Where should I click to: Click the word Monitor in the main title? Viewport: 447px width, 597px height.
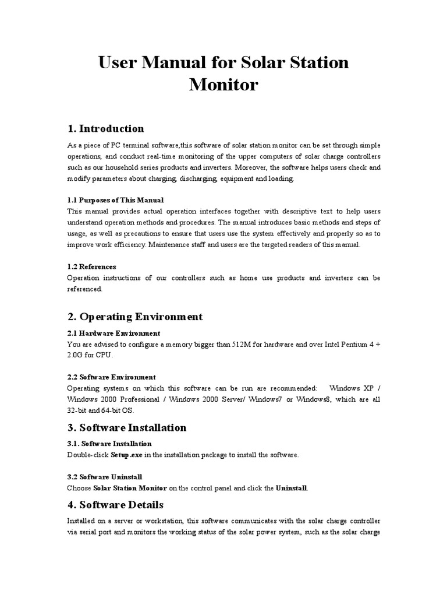coord(223,85)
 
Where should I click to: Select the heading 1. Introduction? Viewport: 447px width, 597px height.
coord(106,128)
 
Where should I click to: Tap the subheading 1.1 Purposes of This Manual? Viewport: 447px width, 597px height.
coord(115,200)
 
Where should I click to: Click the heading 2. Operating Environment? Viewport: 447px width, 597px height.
coord(135,317)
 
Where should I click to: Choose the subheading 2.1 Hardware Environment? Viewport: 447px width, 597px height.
coord(113,333)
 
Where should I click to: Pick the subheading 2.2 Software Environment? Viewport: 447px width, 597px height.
coord(111,377)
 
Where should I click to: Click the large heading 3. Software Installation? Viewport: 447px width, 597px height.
coord(127,427)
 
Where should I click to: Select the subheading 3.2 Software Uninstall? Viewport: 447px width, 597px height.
coord(104,476)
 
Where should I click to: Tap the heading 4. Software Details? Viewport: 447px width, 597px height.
coord(115,504)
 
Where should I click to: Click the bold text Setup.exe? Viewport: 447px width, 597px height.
coord(127,455)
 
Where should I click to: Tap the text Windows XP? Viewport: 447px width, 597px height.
coord(349,388)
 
